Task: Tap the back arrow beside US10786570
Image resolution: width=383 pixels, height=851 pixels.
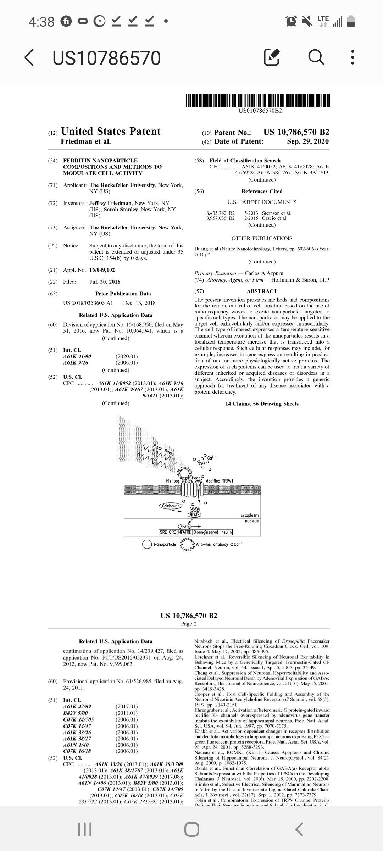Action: pos(29,58)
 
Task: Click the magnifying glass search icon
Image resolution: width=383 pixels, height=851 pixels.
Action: pos(316,58)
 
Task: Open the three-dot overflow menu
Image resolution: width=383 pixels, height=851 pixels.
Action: pos(352,58)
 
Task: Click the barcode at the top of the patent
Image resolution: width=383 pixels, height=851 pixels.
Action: pos(258,100)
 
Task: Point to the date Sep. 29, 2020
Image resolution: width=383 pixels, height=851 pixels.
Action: pos(308,141)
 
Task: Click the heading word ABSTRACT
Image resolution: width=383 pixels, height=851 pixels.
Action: pos(262,291)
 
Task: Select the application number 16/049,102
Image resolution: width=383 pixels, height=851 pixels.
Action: pos(102,270)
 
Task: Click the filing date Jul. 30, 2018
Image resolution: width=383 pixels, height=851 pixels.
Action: pos(105,282)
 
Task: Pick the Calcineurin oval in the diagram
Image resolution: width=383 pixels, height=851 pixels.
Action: pos(171,506)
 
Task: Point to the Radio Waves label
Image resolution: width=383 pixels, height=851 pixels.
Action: pos(164,450)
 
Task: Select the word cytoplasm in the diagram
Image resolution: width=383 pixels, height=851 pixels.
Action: pos(249,515)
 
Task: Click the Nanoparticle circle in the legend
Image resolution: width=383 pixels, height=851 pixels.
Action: pos(147,544)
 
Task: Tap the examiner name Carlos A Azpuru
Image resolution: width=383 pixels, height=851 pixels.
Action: pos(264,273)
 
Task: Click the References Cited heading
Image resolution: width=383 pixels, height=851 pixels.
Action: pos(262,191)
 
